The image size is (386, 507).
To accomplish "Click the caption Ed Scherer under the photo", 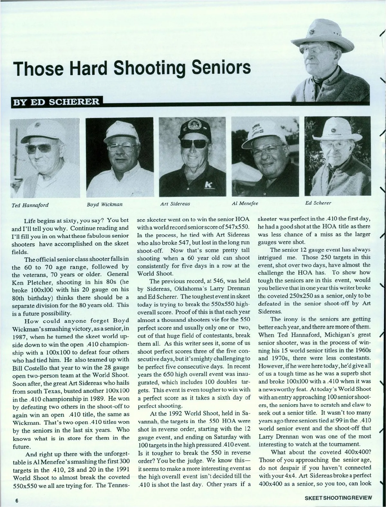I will tap(318, 203).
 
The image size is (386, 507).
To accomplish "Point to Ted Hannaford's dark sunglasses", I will tap(39, 149).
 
